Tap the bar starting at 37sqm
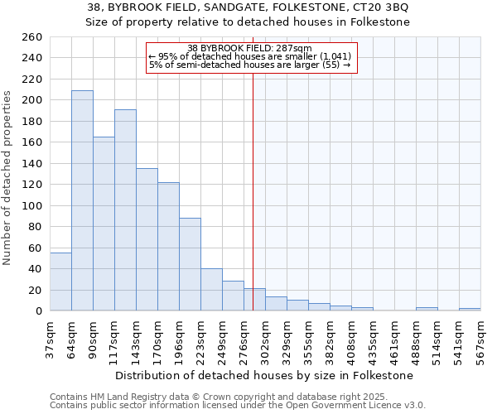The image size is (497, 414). [x=60, y=282]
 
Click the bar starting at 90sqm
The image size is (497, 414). [x=104, y=224]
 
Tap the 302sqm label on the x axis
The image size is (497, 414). [x=265, y=338]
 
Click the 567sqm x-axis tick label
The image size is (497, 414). [x=480, y=338]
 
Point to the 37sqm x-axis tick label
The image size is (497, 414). [x=50, y=338]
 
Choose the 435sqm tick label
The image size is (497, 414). [x=373, y=338]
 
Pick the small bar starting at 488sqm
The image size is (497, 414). [x=427, y=309]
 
